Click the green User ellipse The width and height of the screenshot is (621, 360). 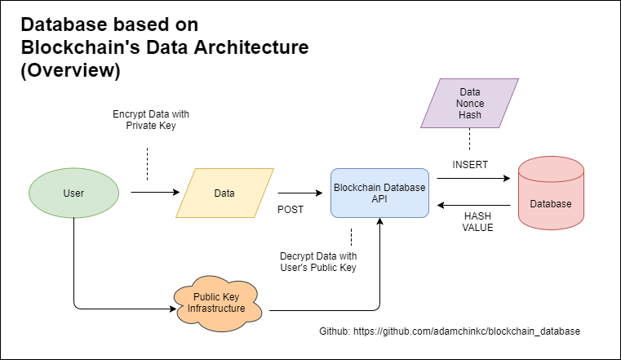coord(73,193)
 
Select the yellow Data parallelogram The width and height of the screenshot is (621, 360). coord(224,193)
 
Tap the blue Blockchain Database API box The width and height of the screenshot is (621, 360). coord(380,193)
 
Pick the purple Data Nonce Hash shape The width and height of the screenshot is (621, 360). coord(469,104)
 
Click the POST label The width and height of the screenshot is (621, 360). coord(291,210)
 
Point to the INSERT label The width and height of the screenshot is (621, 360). coord(470,164)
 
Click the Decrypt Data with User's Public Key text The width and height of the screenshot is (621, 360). coord(321,262)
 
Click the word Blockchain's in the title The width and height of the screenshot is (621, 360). coord(77,47)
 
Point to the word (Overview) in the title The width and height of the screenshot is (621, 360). coord(71,71)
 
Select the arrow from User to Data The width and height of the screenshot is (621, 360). coord(154,193)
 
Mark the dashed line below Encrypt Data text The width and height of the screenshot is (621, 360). coord(147,162)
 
